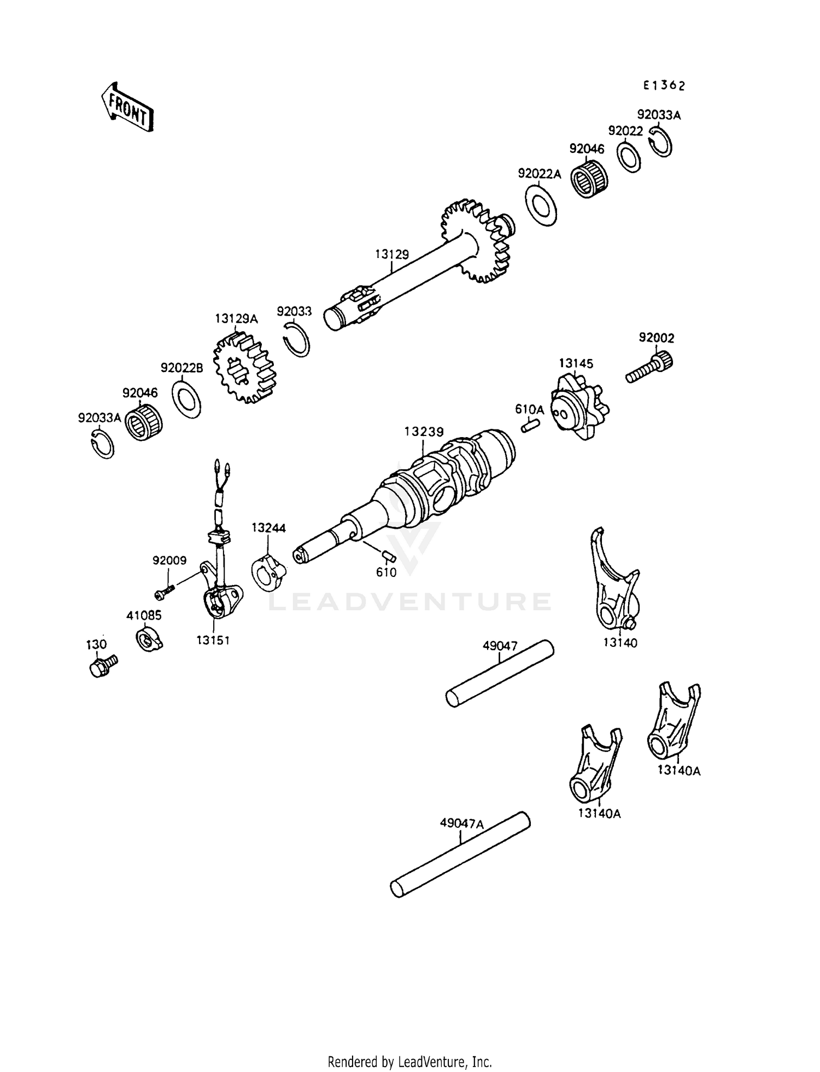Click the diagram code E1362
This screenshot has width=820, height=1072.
(663, 86)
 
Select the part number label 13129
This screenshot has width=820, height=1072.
(391, 254)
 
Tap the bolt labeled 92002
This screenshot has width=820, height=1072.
(650, 368)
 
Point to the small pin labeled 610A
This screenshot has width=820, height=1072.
(530, 425)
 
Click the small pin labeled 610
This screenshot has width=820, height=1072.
(389, 556)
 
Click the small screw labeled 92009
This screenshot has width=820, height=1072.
(164, 591)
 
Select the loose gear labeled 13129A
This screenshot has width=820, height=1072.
(245, 367)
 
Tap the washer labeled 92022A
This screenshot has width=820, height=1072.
(541, 205)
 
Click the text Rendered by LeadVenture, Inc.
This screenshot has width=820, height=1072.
(409, 1062)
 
